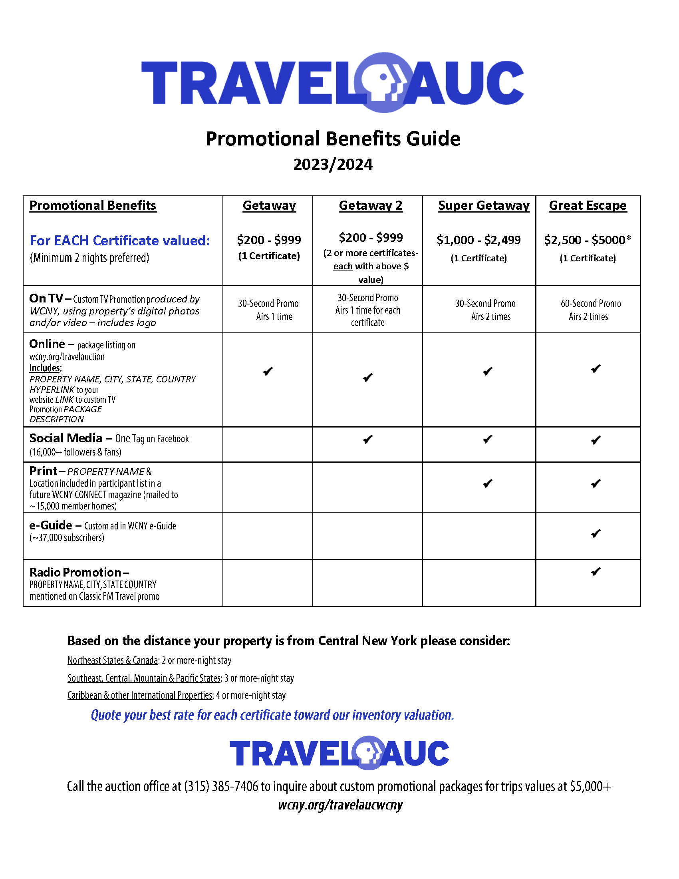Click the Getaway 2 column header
371,206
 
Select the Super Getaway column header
484,206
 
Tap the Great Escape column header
588,206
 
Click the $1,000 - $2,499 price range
478,240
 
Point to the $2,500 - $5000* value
588,240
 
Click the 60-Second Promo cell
590,304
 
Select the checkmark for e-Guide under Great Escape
596,534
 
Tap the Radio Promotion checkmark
596,572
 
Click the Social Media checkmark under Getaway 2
367,439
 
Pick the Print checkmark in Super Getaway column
488,483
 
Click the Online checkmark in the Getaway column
268,371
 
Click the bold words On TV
46,298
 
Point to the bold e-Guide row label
51,525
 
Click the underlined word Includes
45,368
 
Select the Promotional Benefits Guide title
333,139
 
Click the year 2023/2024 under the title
333,165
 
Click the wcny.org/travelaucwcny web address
340,805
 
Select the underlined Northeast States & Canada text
113,660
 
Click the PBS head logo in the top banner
384,83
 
